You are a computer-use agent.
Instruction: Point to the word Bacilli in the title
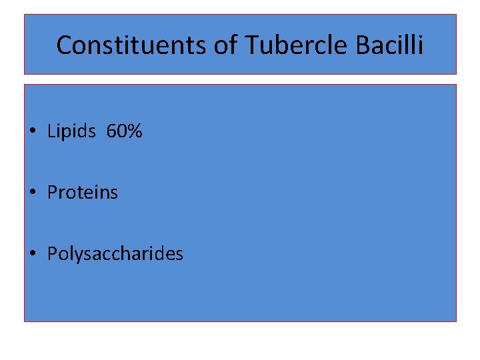point(390,45)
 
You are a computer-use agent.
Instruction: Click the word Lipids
point(71,132)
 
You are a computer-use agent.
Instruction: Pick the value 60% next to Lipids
point(124,132)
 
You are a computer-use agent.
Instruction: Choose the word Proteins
point(82,193)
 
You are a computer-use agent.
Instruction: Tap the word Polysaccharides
point(115,254)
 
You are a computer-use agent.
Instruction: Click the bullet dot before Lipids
point(33,133)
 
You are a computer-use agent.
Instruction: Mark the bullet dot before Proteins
point(33,193)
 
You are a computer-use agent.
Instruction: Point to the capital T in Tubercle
point(253,45)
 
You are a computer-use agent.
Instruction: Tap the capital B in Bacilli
point(363,45)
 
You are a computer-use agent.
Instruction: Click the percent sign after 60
point(135,132)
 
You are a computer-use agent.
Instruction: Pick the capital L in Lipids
point(51,132)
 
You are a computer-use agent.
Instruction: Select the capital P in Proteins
point(52,193)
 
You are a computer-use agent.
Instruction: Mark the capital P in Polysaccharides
point(52,254)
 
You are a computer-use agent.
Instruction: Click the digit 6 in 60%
point(111,132)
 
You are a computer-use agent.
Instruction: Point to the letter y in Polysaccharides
point(75,255)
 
